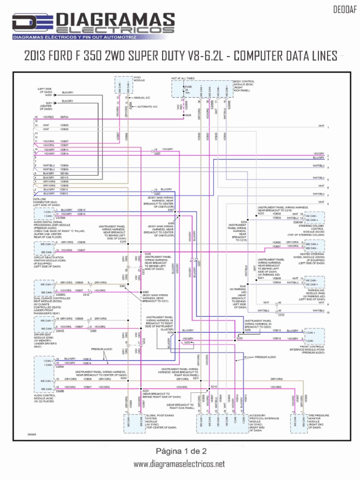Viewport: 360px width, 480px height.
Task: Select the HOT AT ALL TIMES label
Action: [183, 78]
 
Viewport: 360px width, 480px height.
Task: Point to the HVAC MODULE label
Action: [139, 79]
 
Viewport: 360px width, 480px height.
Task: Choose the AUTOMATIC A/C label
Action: [147, 106]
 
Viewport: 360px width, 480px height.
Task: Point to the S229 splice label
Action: [188, 115]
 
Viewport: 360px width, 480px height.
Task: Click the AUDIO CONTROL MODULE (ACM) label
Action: [45, 397]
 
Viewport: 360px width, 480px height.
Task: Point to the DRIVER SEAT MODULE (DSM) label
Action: [45, 340]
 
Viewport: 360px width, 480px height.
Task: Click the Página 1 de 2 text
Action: [180, 450]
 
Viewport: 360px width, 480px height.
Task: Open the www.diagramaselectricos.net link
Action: [180, 464]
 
